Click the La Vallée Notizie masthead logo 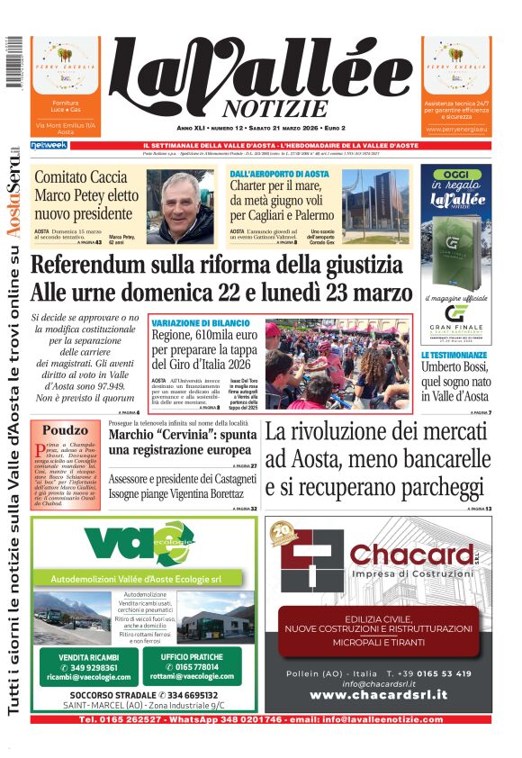[261, 79]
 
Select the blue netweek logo [49, 145]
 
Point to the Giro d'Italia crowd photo [337, 360]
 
